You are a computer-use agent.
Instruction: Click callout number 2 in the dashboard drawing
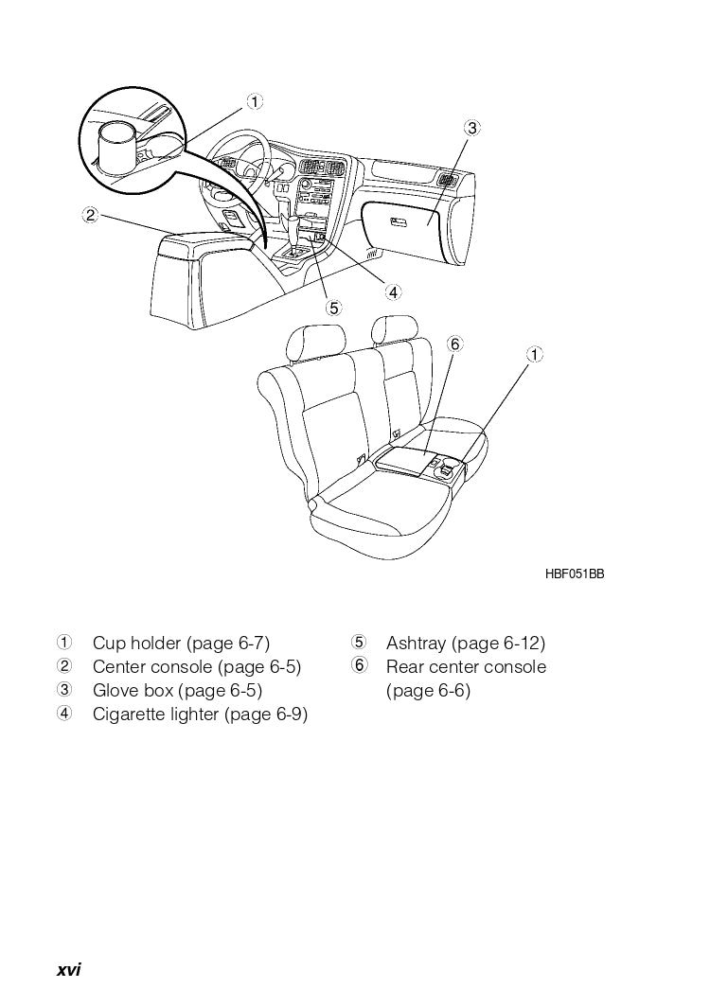(x=90, y=215)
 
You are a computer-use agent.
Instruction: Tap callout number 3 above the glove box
(x=472, y=128)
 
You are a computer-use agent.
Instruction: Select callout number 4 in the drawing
(x=393, y=291)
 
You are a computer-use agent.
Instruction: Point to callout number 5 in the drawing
(x=333, y=308)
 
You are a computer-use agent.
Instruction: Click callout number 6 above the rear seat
(x=454, y=344)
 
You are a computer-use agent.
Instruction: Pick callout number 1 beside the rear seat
(x=535, y=354)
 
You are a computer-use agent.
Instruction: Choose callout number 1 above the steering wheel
(x=255, y=100)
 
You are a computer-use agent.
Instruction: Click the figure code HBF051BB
(x=574, y=574)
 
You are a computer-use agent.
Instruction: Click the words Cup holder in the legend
(x=136, y=644)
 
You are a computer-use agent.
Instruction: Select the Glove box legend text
(x=133, y=691)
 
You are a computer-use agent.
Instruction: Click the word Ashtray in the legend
(x=416, y=644)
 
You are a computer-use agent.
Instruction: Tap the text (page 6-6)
(x=428, y=691)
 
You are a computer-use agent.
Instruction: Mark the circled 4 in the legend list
(x=64, y=714)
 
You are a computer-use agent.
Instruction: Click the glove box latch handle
(x=399, y=222)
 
